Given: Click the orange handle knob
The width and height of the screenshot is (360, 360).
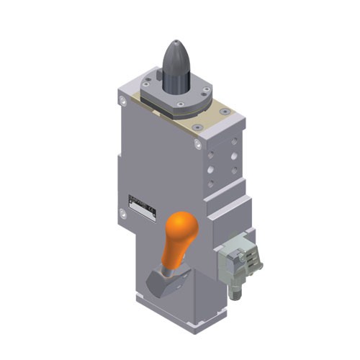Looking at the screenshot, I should coord(181,231).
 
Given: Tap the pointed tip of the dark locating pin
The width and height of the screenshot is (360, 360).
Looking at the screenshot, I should coord(176,45).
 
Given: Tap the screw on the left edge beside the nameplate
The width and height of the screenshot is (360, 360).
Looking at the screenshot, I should coord(123,213).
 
